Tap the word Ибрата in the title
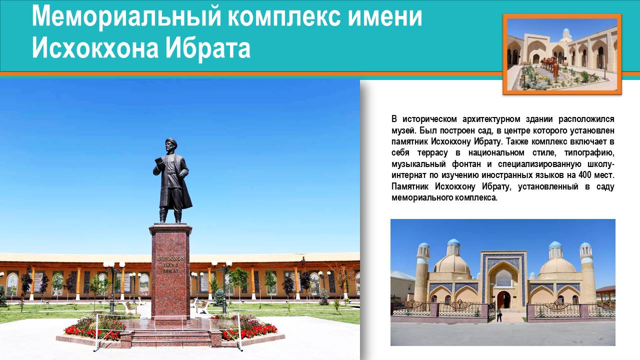click(x=208, y=47)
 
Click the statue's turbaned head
click(x=170, y=144)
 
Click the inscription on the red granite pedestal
click(x=170, y=265)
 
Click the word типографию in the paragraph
click(x=589, y=152)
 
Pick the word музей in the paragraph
click(x=403, y=130)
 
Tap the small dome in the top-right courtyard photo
click(x=566, y=33)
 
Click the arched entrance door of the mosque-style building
click(x=503, y=299)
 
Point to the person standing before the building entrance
click(x=499, y=314)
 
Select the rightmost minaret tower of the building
click(x=587, y=272)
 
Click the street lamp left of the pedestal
click(x=113, y=285)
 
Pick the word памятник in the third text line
click(x=409, y=141)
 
